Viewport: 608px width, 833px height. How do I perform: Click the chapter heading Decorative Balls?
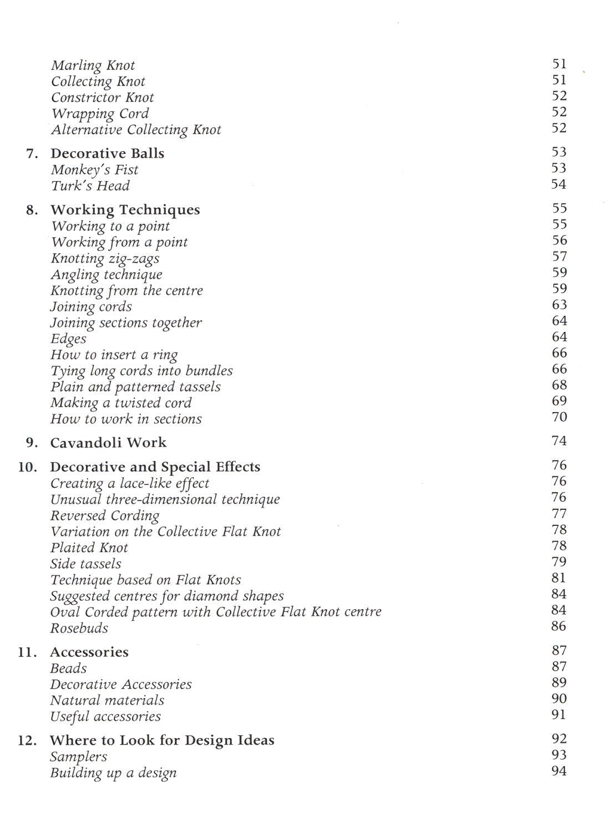(107, 153)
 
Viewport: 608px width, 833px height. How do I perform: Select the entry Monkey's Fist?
(94, 170)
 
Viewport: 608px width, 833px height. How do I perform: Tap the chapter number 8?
(32, 210)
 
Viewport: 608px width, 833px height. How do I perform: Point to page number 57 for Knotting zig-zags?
(559, 257)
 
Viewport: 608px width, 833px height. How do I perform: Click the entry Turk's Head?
(90, 186)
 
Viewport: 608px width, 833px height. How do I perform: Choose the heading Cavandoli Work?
(108, 443)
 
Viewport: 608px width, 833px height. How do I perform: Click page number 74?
(559, 441)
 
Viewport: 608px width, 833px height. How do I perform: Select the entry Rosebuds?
(79, 628)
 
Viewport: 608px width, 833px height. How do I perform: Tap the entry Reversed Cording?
(105, 515)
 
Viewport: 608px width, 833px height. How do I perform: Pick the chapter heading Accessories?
(89, 652)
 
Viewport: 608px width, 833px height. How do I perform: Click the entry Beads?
(68, 669)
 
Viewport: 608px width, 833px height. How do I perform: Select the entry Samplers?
(78, 757)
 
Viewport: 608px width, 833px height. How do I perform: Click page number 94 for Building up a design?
(559, 771)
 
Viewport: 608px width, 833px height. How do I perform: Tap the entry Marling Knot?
(93, 66)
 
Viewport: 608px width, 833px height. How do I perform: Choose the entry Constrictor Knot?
(102, 98)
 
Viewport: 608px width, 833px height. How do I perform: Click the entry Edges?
(68, 339)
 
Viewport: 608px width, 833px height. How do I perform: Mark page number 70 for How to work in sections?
(559, 417)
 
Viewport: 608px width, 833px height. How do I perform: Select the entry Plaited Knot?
(89, 548)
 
